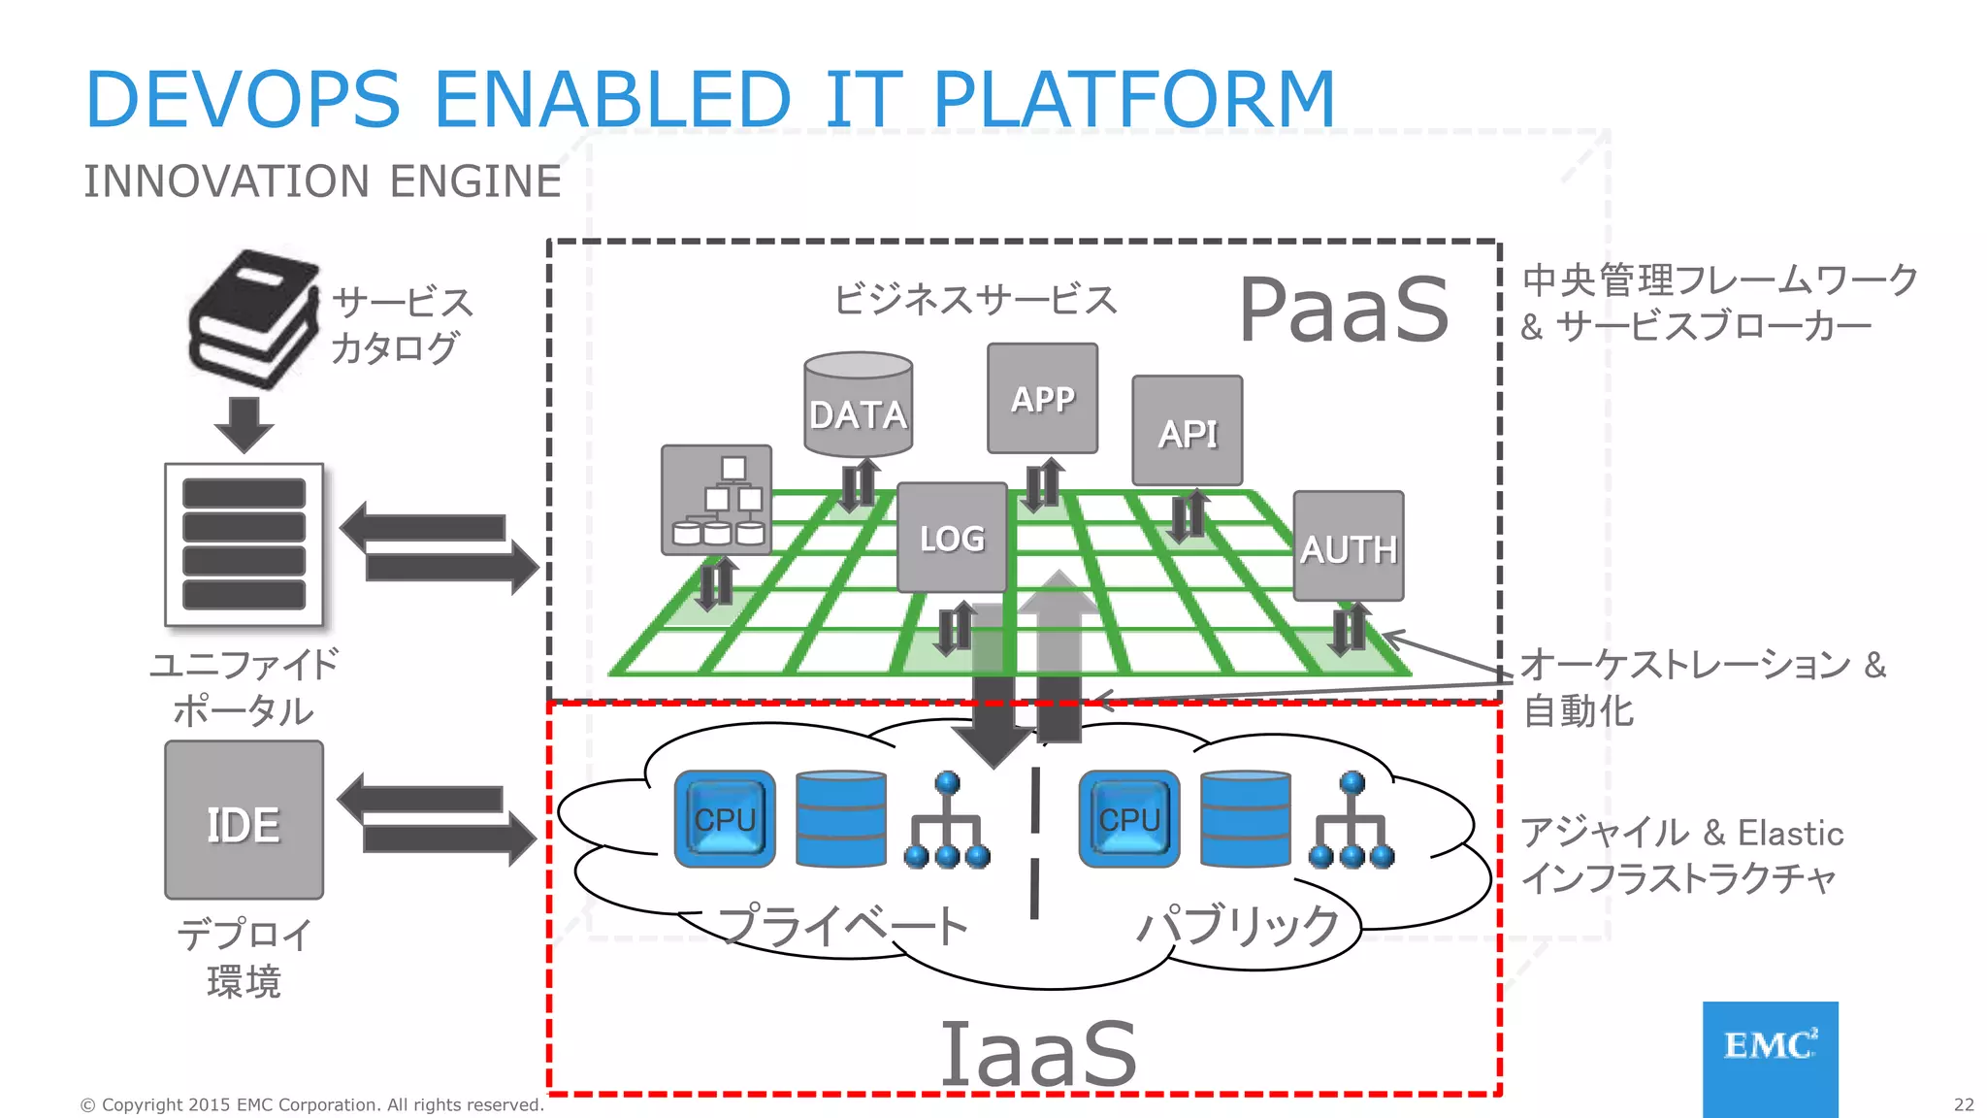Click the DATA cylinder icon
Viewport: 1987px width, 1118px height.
[x=858, y=406]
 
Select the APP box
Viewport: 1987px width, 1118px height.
[x=1042, y=398]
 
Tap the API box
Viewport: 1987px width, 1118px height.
[x=1187, y=431]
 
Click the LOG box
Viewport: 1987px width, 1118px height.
[x=952, y=538]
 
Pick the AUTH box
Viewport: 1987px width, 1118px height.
[x=1348, y=546]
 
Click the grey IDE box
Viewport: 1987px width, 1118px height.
[x=244, y=821]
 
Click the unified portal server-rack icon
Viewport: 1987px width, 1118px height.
[x=244, y=544]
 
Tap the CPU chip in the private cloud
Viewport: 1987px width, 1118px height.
[x=725, y=819]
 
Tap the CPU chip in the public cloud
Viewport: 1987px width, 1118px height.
[x=1129, y=819]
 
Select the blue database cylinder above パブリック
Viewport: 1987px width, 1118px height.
[x=1245, y=819]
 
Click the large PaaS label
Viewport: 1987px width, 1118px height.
[x=1344, y=310]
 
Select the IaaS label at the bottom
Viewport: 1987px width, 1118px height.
[x=1038, y=1054]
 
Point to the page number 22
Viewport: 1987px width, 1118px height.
[x=1963, y=1104]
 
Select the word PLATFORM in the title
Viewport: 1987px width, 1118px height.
[x=1133, y=99]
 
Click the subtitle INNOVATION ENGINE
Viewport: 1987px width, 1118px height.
[x=322, y=181]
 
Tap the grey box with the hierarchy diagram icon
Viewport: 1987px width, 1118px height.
[x=716, y=500]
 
